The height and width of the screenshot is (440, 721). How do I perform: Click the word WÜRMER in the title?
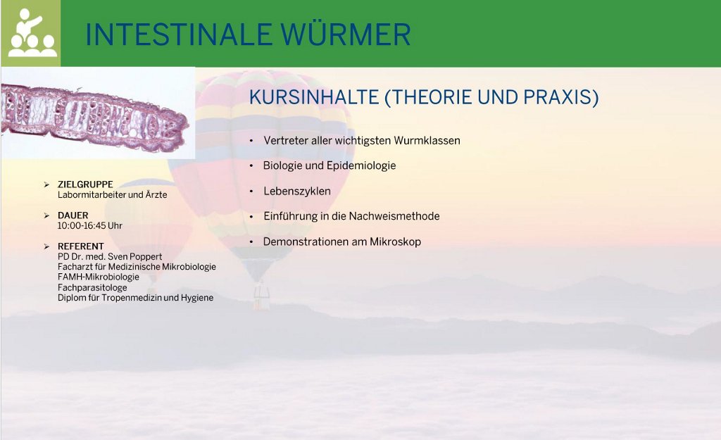click(346, 34)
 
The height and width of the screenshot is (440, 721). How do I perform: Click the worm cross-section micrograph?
click(95, 113)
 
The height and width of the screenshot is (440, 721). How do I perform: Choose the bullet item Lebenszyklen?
click(297, 191)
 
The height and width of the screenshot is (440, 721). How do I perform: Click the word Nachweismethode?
click(394, 216)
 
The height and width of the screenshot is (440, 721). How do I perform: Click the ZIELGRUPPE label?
click(85, 184)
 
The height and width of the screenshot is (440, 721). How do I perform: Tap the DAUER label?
click(73, 215)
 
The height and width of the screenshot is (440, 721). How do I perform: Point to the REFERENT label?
click(80, 246)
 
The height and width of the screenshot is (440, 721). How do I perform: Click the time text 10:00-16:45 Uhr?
click(89, 226)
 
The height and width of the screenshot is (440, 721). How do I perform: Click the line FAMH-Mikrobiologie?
click(99, 277)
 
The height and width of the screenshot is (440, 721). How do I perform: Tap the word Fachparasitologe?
click(92, 288)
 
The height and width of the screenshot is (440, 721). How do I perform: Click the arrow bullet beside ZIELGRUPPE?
click(46, 184)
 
